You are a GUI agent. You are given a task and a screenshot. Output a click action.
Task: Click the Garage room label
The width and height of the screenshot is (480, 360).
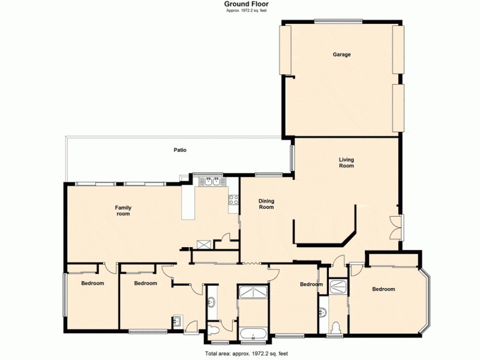click(x=342, y=55)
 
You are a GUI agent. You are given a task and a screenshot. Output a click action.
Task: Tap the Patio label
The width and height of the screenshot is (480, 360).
click(x=180, y=150)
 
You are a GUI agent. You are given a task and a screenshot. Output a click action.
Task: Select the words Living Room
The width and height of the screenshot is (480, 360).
click(x=346, y=162)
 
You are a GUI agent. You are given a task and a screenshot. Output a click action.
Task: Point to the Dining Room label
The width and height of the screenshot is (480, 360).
click(x=266, y=204)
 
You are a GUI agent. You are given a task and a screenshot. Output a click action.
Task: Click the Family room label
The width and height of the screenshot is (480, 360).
click(x=123, y=211)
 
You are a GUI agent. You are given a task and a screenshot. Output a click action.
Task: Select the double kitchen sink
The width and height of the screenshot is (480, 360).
click(x=208, y=181)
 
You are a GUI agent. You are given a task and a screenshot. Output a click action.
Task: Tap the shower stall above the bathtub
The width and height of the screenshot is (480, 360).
click(x=253, y=292)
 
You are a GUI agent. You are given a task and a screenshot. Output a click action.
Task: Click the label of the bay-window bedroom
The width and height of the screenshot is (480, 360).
click(x=383, y=289)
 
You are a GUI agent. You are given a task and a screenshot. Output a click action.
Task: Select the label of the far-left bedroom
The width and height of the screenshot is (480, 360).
click(x=92, y=283)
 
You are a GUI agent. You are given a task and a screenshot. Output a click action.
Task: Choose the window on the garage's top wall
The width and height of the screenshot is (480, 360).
click(x=338, y=22)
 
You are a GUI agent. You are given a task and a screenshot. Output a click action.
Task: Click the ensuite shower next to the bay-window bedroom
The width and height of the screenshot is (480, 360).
click(x=338, y=286)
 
